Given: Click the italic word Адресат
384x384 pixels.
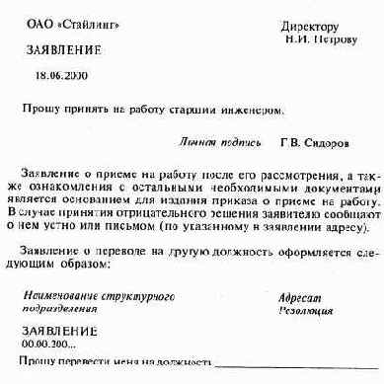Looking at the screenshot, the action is (x=299, y=295).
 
